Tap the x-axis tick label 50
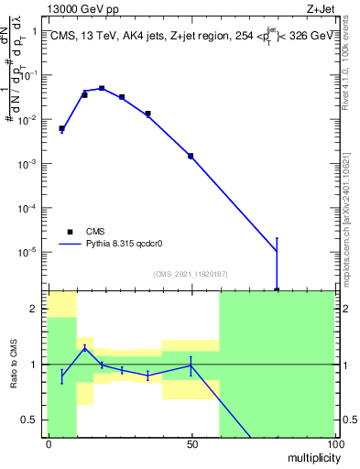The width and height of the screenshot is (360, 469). [x=191, y=443]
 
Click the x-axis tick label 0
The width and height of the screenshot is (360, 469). [x=49, y=443]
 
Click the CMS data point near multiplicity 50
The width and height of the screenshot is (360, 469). [x=191, y=156]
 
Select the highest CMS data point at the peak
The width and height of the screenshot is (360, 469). [x=102, y=89]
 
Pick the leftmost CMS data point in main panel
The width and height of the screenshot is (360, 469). [x=61, y=129]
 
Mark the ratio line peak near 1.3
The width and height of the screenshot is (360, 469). [x=84, y=347]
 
